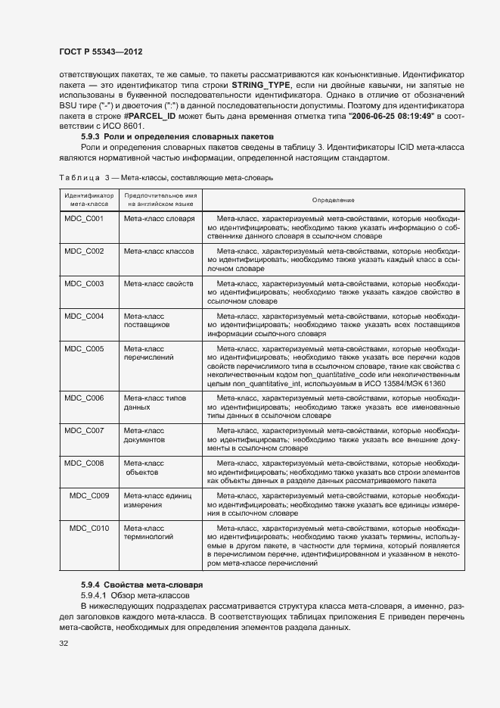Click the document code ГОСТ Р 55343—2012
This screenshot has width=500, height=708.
point(101,51)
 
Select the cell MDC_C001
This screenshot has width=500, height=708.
point(84,218)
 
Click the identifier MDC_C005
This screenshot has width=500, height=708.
point(84,349)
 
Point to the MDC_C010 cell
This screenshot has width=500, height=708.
point(89,528)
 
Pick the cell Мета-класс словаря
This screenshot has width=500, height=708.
point(159,218)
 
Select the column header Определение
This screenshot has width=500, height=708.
point(334,200)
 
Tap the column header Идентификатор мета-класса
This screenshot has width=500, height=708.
point(89,200)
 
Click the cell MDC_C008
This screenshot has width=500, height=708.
point(84,463)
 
